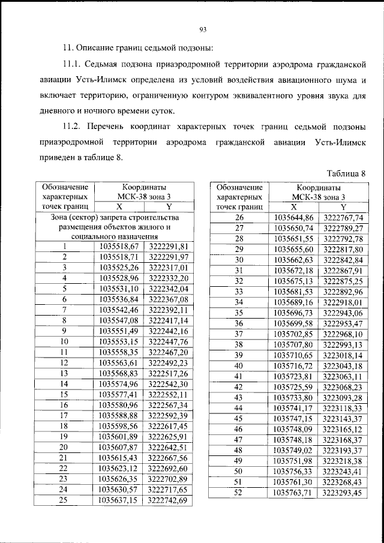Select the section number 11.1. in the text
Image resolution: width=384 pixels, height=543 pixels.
pyautogui.click(x=75, y=64)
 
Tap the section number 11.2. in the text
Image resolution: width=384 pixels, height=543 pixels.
pyautogui.click(x=75, y=127)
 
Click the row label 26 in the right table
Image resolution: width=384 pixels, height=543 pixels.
pyautogui.click(x=239, y=217)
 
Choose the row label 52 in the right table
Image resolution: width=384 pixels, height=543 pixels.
pyautogui.click(x=239, y=493)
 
